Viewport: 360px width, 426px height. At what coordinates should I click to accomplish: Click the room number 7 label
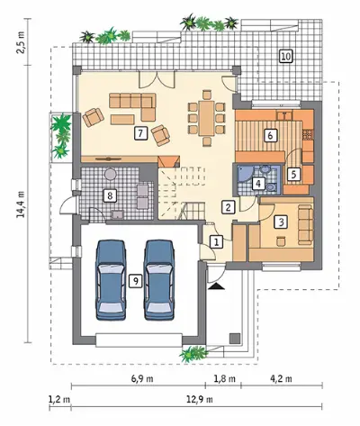tap(141, 133)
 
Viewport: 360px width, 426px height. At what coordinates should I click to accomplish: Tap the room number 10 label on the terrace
tap(286, 56)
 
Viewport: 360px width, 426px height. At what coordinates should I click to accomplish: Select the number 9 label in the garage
tap(136, 281)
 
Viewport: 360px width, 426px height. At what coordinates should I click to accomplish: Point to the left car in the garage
tap(110, 280)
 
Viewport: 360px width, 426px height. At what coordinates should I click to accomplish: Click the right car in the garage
tap(159, 280)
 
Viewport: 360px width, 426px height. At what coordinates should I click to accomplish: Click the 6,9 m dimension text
tap(142, 378)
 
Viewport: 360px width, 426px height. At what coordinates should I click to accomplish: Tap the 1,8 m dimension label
tap(224, 378)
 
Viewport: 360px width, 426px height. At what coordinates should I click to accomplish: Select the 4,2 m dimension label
tap(281, 378)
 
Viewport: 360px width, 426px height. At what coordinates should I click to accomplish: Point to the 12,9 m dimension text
tap(200, 400)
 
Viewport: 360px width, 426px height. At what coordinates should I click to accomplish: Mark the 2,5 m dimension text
tap(22, 41)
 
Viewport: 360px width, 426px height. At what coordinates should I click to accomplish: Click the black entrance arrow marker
tap(217, 286)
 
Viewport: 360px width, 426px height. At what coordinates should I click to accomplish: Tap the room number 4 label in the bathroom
tap(258, 184)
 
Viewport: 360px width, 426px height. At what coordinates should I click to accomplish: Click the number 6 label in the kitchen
tap(270, 135)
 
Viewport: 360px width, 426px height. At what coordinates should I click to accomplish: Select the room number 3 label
tap(281, 222)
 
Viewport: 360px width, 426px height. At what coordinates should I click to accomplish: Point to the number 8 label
tap(110, 195)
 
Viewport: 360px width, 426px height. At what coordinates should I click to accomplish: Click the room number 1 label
tap(217, 241)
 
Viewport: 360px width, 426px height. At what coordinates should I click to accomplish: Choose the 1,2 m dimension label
tap(59, 400)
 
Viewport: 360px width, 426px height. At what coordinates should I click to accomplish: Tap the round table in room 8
tap(110, 174)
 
